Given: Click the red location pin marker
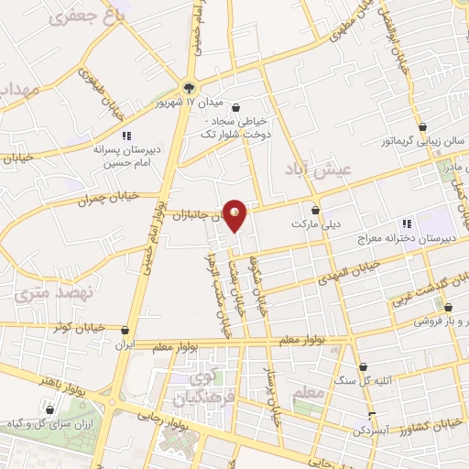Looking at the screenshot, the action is pyautogui.click(x=235, y=215).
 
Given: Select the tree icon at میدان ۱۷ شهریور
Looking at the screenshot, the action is pyautogui.click(x=189, y=89).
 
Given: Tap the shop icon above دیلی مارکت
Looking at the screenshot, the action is pyautogui.click(x=315, y=209).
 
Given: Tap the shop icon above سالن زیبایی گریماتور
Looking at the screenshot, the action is pyautogui.click(x=423, y=127).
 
